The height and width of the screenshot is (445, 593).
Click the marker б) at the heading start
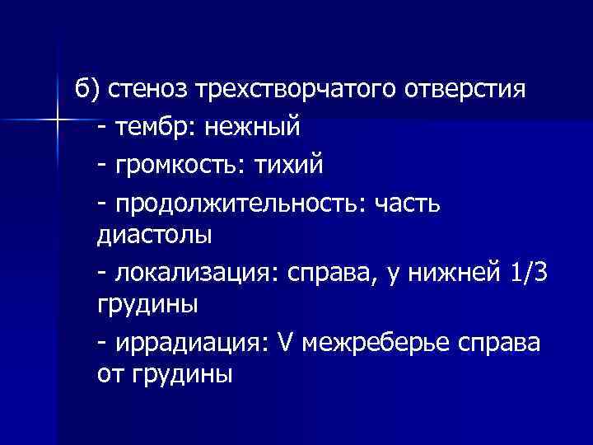pyautogui.click(x=86, y=88)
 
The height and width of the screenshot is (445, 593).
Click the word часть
pyautogui.click(x=410, y=204)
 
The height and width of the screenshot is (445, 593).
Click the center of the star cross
pyautogui.click(x=60, y=122)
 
